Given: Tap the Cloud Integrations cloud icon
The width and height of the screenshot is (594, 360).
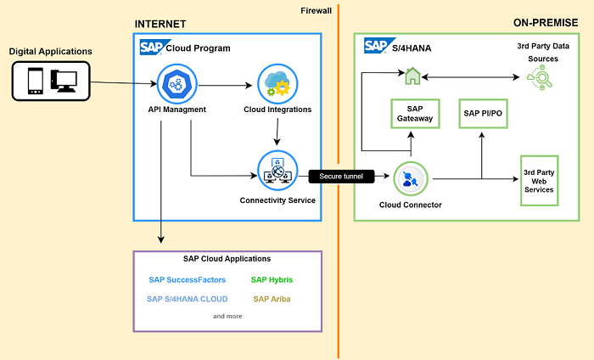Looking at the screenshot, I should (277, 83).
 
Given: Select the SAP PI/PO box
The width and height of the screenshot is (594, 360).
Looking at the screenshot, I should (482, 113).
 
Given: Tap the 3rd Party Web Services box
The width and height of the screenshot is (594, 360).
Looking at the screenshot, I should (540, 179).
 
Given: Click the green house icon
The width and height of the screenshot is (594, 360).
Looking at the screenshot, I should (412, 77).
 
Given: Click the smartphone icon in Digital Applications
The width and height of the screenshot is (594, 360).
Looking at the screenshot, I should (36, 81).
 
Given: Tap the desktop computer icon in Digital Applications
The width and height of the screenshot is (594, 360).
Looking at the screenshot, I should (64, 81).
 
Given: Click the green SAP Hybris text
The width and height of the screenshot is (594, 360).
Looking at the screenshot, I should (272, 278).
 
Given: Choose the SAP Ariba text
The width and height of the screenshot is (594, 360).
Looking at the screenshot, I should (272, 299).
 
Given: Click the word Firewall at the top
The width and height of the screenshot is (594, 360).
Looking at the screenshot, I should (317, 10).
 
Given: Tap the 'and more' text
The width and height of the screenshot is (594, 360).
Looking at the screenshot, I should (227, 316).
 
